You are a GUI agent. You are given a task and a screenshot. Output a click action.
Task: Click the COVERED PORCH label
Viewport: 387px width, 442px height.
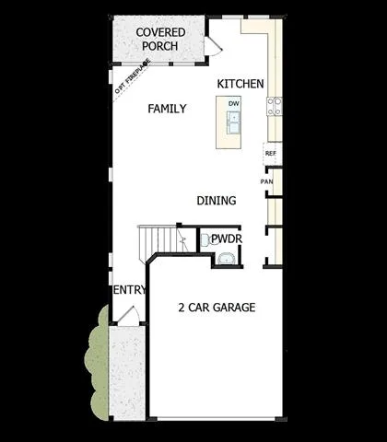tap(160, 39)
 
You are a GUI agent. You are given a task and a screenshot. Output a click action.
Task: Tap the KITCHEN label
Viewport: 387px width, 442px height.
tap(240, 84)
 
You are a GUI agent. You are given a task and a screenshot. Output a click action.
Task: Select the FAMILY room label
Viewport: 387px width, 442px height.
tap(167, 109)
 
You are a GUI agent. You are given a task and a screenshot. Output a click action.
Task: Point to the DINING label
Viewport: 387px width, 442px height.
tap(217, 201)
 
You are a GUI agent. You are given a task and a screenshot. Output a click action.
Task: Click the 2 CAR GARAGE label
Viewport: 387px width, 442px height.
tap(217, 308)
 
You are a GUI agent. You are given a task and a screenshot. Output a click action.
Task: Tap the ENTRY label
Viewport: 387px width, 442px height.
tap(130, 290)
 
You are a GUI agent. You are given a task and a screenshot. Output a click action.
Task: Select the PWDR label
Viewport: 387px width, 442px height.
tap(227, 238)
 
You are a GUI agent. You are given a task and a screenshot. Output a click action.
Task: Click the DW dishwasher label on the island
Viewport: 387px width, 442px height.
tap(234, 103)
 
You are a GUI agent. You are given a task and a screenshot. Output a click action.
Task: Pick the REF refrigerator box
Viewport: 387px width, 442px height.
tap(273, 154)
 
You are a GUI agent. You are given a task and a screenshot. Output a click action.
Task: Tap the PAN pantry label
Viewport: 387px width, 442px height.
tap(266, 181)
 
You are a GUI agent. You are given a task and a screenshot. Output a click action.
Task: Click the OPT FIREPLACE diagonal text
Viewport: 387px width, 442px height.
tap(133, 76)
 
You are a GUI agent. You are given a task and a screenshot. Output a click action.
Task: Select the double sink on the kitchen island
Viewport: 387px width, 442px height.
tap(233, 122)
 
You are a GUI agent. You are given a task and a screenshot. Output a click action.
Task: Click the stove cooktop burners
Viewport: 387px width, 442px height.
tap(275, 106)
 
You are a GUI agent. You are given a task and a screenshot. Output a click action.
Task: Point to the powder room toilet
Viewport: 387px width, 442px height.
tap(207, 239)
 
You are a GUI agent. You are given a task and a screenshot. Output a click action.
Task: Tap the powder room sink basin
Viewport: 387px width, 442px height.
tap(227, 259)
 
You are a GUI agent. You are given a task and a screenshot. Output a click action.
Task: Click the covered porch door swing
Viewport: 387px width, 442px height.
tap(213, 46)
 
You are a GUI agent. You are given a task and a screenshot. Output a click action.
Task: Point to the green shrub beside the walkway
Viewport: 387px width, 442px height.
tap(97, 363)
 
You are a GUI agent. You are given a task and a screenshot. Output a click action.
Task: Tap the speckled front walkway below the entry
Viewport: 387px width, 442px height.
tap(127, 373)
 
